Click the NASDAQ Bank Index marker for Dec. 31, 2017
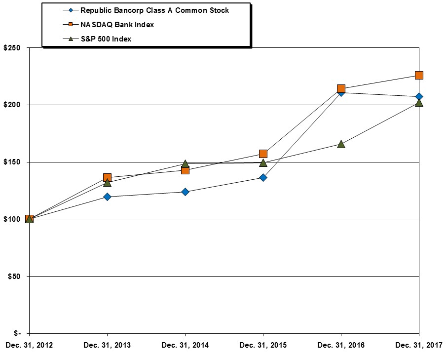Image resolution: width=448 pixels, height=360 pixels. click(419, 75)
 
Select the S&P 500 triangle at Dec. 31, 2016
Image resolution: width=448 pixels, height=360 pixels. click(341, 144)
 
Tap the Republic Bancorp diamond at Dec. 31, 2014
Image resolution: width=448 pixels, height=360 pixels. click(185, 192)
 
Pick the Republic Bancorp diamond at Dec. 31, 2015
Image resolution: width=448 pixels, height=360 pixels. click(263, 177)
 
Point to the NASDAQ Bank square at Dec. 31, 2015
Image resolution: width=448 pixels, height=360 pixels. click(263, 154)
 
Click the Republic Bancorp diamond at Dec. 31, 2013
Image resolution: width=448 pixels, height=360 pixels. click(107, 197)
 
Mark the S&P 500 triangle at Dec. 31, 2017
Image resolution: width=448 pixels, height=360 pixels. click(419, 103)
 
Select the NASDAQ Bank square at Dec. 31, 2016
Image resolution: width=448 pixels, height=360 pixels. click(341, 89)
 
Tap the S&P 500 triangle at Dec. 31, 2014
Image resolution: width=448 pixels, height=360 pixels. click(185, 163)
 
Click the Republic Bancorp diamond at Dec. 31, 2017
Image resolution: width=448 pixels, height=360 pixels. click(419, 96)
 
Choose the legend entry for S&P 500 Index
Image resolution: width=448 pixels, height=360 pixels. click(106, 39)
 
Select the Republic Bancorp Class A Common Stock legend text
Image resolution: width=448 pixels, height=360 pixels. click(154, 10)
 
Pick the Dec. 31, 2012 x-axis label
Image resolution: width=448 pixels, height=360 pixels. click(29, 345)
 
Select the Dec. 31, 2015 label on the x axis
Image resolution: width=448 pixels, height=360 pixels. click(263, 345)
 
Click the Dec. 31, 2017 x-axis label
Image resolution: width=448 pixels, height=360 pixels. click(419, 345)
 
